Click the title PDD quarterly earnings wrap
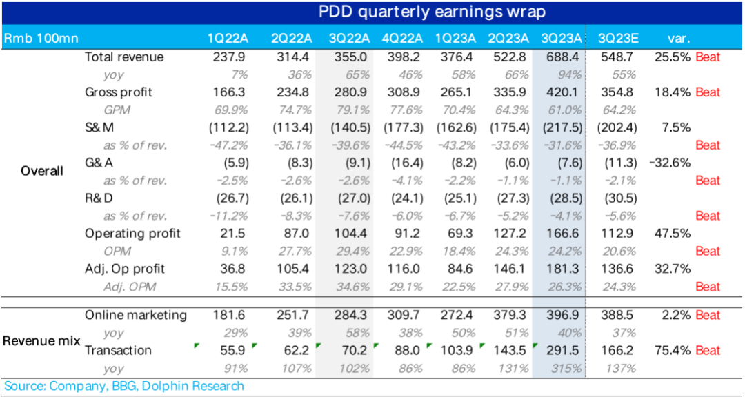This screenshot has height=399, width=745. pyautogui.click(x=431, y=12)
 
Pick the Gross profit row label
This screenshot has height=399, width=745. pyautogui.click(x=119, y=92)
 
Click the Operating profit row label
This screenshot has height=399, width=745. pyautogui.click(x=132, y=234)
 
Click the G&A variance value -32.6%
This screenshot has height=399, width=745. pyautogui.click(x=670, y=163)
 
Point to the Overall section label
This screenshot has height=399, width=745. pyautogui.click(x=41, y=171)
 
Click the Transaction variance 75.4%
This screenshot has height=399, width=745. pyautogui.click(x=672, y=350)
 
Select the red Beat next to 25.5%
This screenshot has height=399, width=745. pyautogui.click(x=708, y=57)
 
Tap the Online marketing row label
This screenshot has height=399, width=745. pyautogui.click(x=136, y=315)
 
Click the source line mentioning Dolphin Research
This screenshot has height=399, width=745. pyautogui.click(x=124, y=386)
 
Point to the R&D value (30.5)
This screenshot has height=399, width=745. pyautogui.click(x=618, y=198)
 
